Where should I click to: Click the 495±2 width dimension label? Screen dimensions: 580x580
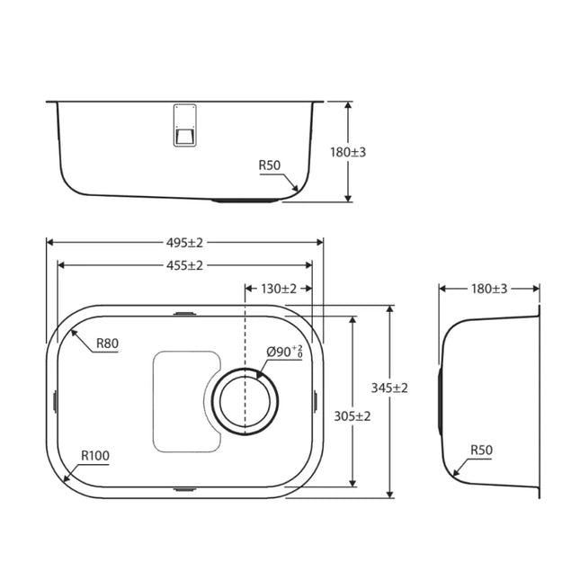pyautogui.click(x=184, y=242)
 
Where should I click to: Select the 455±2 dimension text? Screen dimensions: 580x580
pyautogui.click(x=184, y=265)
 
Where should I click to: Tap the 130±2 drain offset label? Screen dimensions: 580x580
pyautogui.click(x=279, y=289)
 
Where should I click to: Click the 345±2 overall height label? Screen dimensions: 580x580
pyautogui.click(x=389, y=388)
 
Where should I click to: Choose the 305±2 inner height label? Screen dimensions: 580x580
pyautogui.click(x=352, y=416)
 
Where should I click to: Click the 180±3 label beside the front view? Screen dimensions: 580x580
pyautogui.click(x=348, y=152)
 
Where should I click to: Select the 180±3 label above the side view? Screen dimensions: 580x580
pyautogui.click(x=489, y=289)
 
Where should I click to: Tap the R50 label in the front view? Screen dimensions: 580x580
pyautogui.click(x=271, y=165)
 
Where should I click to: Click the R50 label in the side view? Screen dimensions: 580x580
pyautogui.click(x=482, y=450)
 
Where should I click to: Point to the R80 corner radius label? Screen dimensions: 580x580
pyautogui.click(x=109, y=343)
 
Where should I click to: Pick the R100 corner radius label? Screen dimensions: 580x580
pyautogui.click(x=95, y=456)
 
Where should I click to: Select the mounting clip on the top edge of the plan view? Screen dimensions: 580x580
pyautogui.click(x=184, y=313)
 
